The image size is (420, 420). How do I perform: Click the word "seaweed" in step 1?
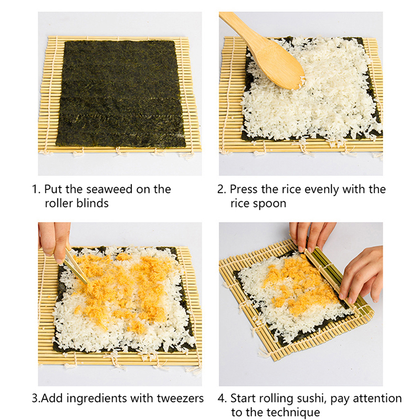coord(109,189)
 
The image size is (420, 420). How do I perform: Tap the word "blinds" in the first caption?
coord(92,203)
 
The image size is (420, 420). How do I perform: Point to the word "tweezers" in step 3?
coord(180,398)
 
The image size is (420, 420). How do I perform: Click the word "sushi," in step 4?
coord(311,399)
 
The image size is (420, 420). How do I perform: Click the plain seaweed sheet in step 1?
coord(121,94)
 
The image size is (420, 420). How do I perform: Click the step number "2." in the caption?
coord(222,190)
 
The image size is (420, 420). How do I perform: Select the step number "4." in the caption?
coord(222,398)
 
